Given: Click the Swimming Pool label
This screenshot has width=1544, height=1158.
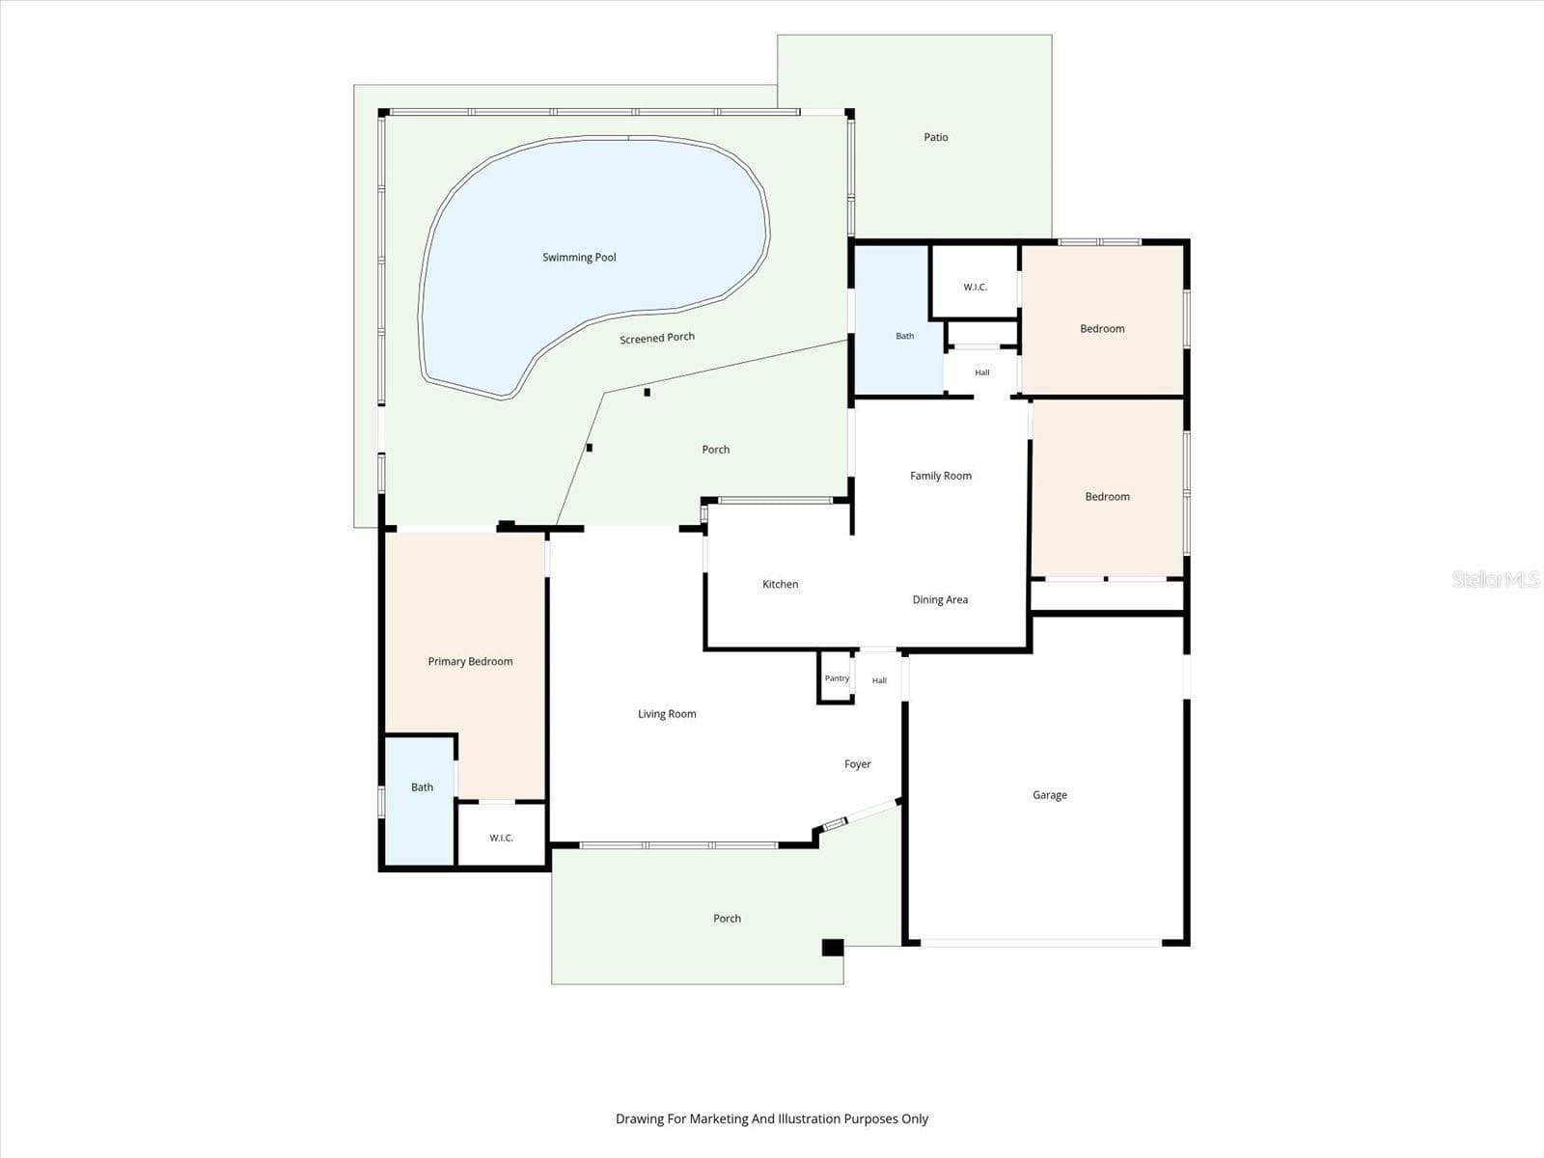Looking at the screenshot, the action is tap(579, 258).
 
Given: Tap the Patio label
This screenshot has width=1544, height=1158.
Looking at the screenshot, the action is tap(935, 137).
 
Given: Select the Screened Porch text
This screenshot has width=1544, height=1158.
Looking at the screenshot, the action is tap(657, 338).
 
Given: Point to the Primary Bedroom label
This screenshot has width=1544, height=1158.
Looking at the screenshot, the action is tap(470, 662).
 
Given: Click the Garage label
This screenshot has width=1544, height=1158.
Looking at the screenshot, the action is tap(1050, 795).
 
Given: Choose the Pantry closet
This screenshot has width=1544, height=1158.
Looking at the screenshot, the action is tap(836, 677).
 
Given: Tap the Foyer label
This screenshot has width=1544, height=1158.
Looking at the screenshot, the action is tap(858, 764).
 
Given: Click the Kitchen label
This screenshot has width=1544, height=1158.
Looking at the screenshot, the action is tap(780, 584).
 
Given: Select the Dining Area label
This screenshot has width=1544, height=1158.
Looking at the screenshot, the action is tap(940, 599).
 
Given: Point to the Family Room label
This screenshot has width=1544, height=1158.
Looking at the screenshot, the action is tap(941, 476).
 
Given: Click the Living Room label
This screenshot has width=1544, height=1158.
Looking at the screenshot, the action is tap(667, 714).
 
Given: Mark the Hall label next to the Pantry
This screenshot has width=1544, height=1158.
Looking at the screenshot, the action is tap(879, 680).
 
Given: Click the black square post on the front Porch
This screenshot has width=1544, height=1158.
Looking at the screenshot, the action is tap(833, 948).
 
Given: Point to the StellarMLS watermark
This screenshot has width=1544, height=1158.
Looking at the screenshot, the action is tap(1496, 579).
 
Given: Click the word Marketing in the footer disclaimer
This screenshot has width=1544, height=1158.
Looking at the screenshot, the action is tap(718, 1118).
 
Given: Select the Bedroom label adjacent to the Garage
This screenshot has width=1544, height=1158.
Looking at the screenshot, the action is tap(1107, 497).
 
